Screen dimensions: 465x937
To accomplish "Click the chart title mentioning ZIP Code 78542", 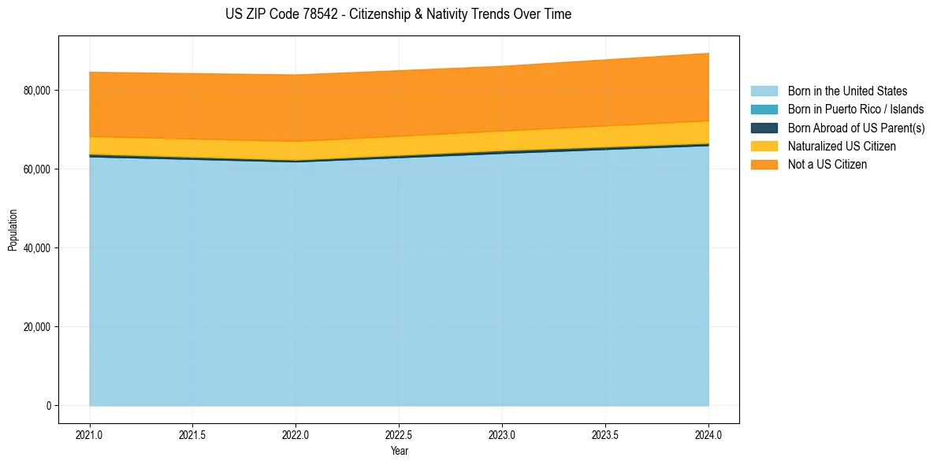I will click(399, 14).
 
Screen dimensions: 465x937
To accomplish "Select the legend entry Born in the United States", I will click(847, 91).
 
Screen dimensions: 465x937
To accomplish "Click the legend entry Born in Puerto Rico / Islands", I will click(855, 110).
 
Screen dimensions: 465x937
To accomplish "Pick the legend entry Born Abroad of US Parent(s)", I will click(856, 128).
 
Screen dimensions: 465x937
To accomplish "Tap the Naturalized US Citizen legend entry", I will click(842, 147).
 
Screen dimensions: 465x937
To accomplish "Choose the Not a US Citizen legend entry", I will click(827, 165).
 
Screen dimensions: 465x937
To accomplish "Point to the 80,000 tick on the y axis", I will click(37, 91).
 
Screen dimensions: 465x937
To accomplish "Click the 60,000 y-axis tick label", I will click(37, 169).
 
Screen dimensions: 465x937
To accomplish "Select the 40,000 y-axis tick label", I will click(37, 248).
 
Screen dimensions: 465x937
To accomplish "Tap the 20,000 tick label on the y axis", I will click(37, 327).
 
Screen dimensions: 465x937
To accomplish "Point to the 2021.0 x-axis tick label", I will click(89, 434).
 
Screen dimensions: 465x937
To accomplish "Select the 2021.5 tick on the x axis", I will click(192, 434).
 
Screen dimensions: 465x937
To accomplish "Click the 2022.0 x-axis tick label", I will click(296, 434).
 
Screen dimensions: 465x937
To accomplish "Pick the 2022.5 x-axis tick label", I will click(399, 434).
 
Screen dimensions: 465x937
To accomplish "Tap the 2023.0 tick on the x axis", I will click(502, 434).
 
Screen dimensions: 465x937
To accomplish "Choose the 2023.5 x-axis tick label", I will click(605, 434).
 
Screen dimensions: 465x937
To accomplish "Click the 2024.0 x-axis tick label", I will click(708, 434).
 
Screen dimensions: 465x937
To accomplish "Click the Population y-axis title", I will click(13, 230).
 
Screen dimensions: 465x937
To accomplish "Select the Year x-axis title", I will click(399, 452).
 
